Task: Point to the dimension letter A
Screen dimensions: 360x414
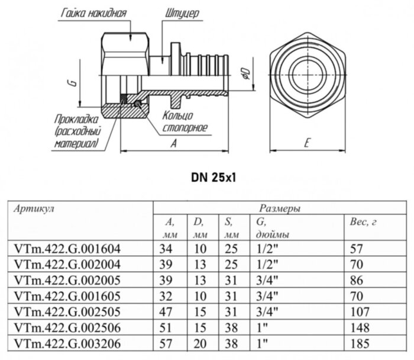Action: pos(173,143)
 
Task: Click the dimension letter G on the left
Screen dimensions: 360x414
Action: pos(70,85)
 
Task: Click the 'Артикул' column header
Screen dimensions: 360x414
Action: pos(33,208)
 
